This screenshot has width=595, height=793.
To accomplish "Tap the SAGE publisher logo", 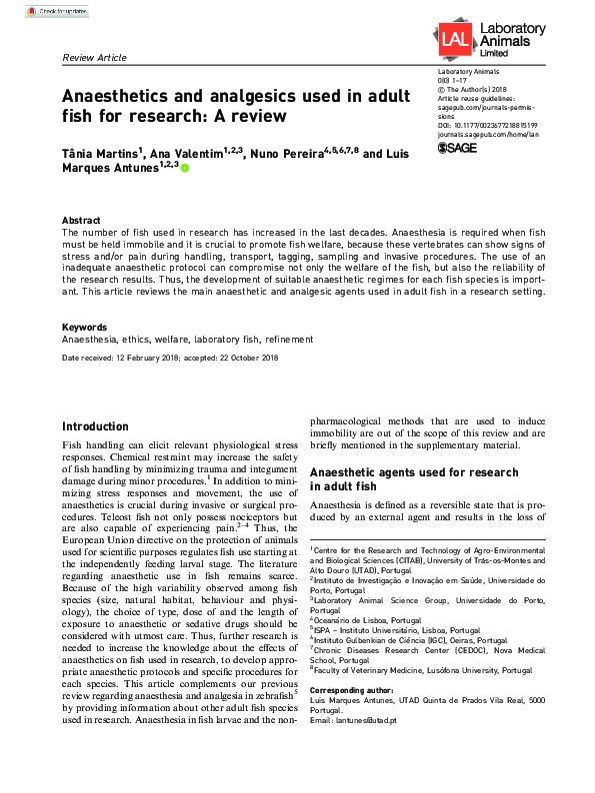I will (459, 148).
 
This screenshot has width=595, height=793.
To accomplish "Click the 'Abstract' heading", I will (81, 220).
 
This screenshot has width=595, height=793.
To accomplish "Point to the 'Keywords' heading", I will (85, 328).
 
